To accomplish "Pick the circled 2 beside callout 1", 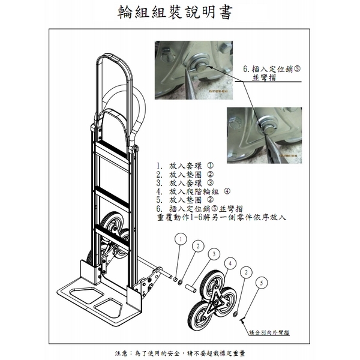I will click(196, 246).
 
